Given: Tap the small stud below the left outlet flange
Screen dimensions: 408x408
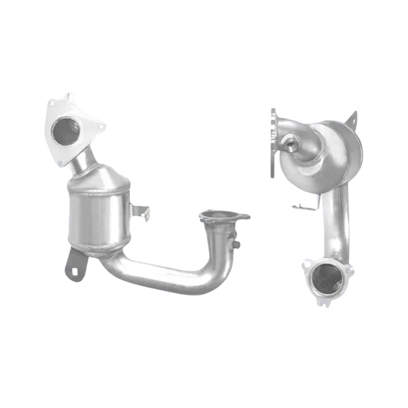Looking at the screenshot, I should (x=238, y=245).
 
